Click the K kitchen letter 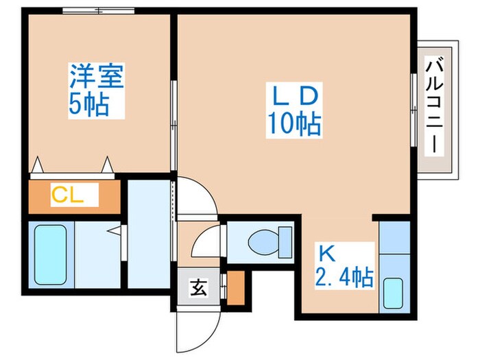click(326, 253)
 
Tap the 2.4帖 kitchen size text click(344, 277)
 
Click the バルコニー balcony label click(433, 106)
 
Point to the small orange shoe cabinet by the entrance click(235, 288)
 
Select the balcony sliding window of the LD click(413, 110)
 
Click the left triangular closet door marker click(38, 165)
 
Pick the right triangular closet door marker click(107, 165)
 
